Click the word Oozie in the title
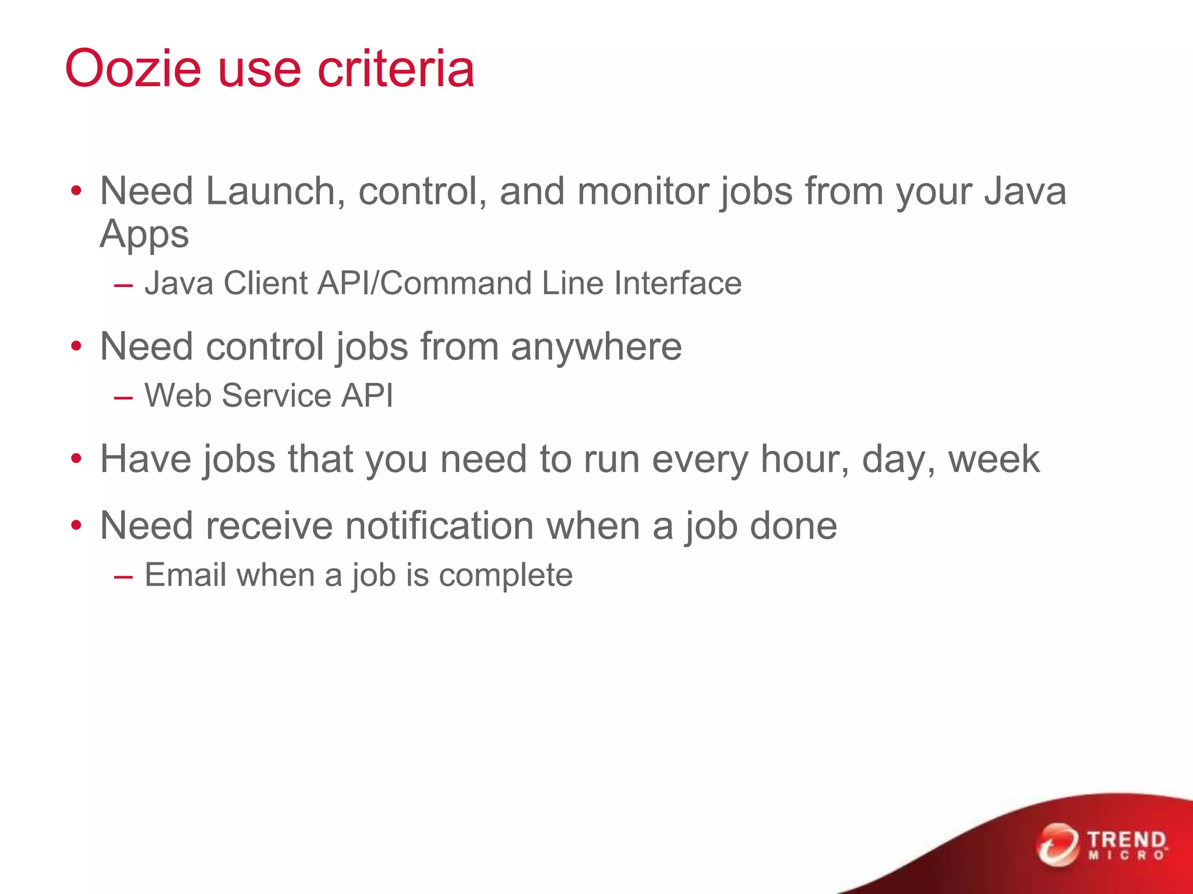pos(133,69)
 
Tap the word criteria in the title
pos(396,69)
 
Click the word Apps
pos(144,234)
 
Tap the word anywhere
pos(596,346)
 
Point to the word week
pos(994,459)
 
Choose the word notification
pos(439,526)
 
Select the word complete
pos(506,576)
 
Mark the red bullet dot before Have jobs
pos(76,459)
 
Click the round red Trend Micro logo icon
pos(1057,845)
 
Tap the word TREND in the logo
pos(1127,840)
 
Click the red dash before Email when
pos(123,577)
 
